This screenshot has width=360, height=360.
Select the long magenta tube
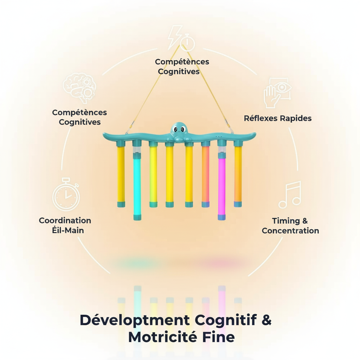pyautogui.click(x=221, y=183)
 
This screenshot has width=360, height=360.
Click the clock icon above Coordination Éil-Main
pyautogui.click(x=66, y=195)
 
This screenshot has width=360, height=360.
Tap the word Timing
pyautogui.click(x=285, y=221)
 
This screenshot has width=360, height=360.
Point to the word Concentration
pyautogui.click(x=290, y=231)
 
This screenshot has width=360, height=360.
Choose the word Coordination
pyautogui.click(x=65, y=220)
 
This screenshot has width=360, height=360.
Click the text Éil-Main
pyautogui.click(x=66, y=230)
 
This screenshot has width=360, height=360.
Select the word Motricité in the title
pyautogui.click(x=162, y=337)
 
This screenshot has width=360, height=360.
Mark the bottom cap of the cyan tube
pyautogui.click(x=137, y=218)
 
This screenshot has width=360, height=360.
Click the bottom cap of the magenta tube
pyautogui.click(x=221, y=217)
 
